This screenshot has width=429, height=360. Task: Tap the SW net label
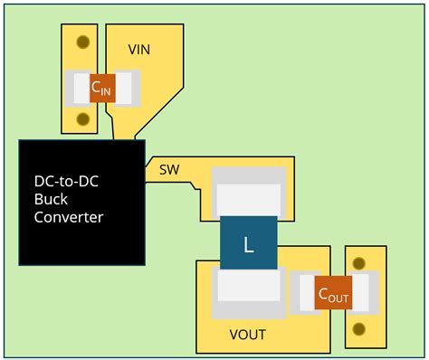click(x=169, y=169)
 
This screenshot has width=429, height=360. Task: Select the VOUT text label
click(x=247, y=335)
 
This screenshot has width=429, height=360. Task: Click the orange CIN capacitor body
click(x=102, y=88)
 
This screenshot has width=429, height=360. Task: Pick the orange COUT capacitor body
click(x=332, y=294)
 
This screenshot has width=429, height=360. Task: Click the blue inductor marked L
click(x=248, y=243)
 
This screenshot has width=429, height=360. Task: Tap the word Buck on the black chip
click(x=52, y=199)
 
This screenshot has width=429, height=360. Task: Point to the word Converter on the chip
click(x=69, y=217)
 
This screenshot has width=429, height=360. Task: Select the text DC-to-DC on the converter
click(x=66, y=181)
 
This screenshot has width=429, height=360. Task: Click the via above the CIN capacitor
click(x=83, y=42)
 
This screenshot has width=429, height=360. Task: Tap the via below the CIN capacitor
click(x=83, y=118)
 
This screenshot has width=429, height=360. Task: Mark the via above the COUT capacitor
click(x=360, y=263)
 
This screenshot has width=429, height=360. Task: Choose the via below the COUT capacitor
click(x=360, y=327)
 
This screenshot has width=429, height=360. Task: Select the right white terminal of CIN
click(x=126, y=88)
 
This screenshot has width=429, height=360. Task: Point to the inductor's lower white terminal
click(x=248, y=288)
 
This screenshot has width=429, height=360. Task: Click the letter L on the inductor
click(x=248, y=244)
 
